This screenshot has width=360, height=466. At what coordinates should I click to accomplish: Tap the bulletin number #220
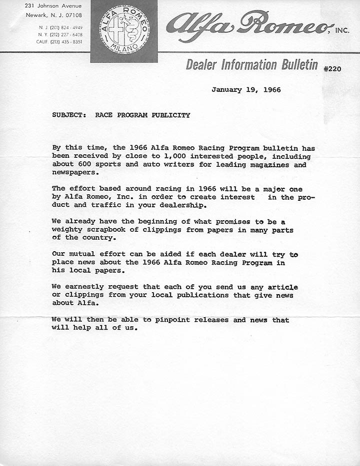click(x=332, y=68)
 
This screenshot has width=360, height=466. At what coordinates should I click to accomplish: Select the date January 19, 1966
click(x=246, y=90)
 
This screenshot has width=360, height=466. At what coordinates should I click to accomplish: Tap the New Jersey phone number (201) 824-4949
click(x=64, y=27)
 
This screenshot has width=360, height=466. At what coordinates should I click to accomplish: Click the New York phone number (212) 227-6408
click(x=64, y=34)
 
